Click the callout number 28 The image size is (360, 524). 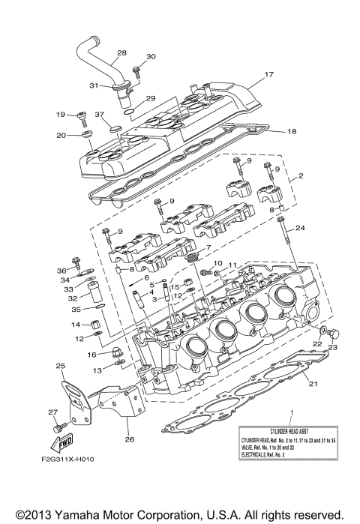(121, 53)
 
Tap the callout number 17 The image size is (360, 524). (269, 75)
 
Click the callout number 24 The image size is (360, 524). (301, 227)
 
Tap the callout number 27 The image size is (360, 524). (52, 412)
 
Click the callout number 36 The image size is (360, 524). (61, 270)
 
